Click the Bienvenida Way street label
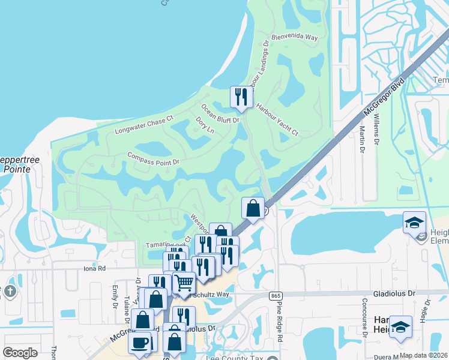point(294,37)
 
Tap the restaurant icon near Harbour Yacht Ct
point(240,97)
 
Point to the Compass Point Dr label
point(153,158)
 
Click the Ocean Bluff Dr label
point(220,113)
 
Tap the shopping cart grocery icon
point(184,282)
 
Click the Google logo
point(20,353)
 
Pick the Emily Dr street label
point(114,298)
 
